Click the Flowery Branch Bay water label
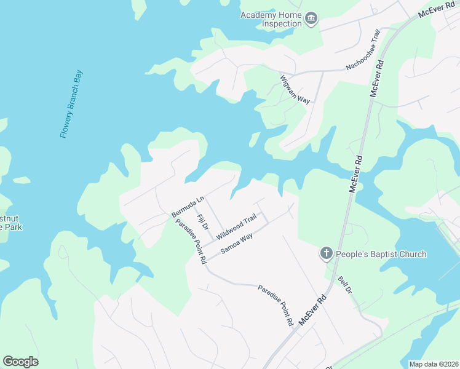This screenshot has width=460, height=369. click(71, 104)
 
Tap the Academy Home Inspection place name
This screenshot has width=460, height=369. click(271, 19)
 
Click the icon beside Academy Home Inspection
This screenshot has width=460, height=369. click(311, 19)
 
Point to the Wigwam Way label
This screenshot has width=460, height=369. click(295, 90)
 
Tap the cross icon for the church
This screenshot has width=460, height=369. click(326, 253)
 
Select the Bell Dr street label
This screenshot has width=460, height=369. click(345, 285)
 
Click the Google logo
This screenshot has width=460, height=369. click(20, 362)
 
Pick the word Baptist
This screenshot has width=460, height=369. click(383, 254)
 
